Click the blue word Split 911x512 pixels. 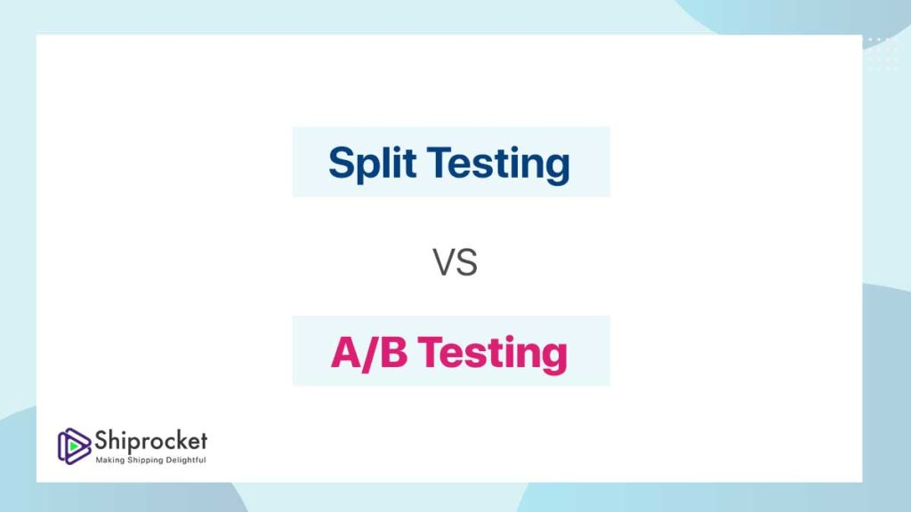pyautogui.click(x=372, y=164)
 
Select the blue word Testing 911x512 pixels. pyautogui.click(x=498, y=164)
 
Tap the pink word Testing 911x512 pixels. pyautogui.click(x=492, y=354)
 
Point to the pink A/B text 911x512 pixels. pyautogui.click(x=369, y=353)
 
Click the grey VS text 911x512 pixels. pyautogui.click(x=455, y=262)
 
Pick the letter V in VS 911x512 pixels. pyautogui.click(x=444, y=262)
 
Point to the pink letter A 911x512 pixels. pyautogui.click(x=346, y=352)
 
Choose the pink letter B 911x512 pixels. pyautogui.click(x=394, y=352)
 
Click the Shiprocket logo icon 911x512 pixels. pyautogui.click(x=74, y=446)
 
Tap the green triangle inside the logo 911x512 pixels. pyautogui.click(x=75, y=446)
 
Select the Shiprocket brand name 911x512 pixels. pyautogui.click(x=150, y=441)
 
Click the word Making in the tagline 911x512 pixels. pyautogui.click(x=109, y=460)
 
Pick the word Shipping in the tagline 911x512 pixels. pyautogui.click(x=145, y=460)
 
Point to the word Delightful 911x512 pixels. pyautogui.click(x=186, y=460)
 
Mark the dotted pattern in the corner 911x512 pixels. pyautogui.click(x=883, y=54)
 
